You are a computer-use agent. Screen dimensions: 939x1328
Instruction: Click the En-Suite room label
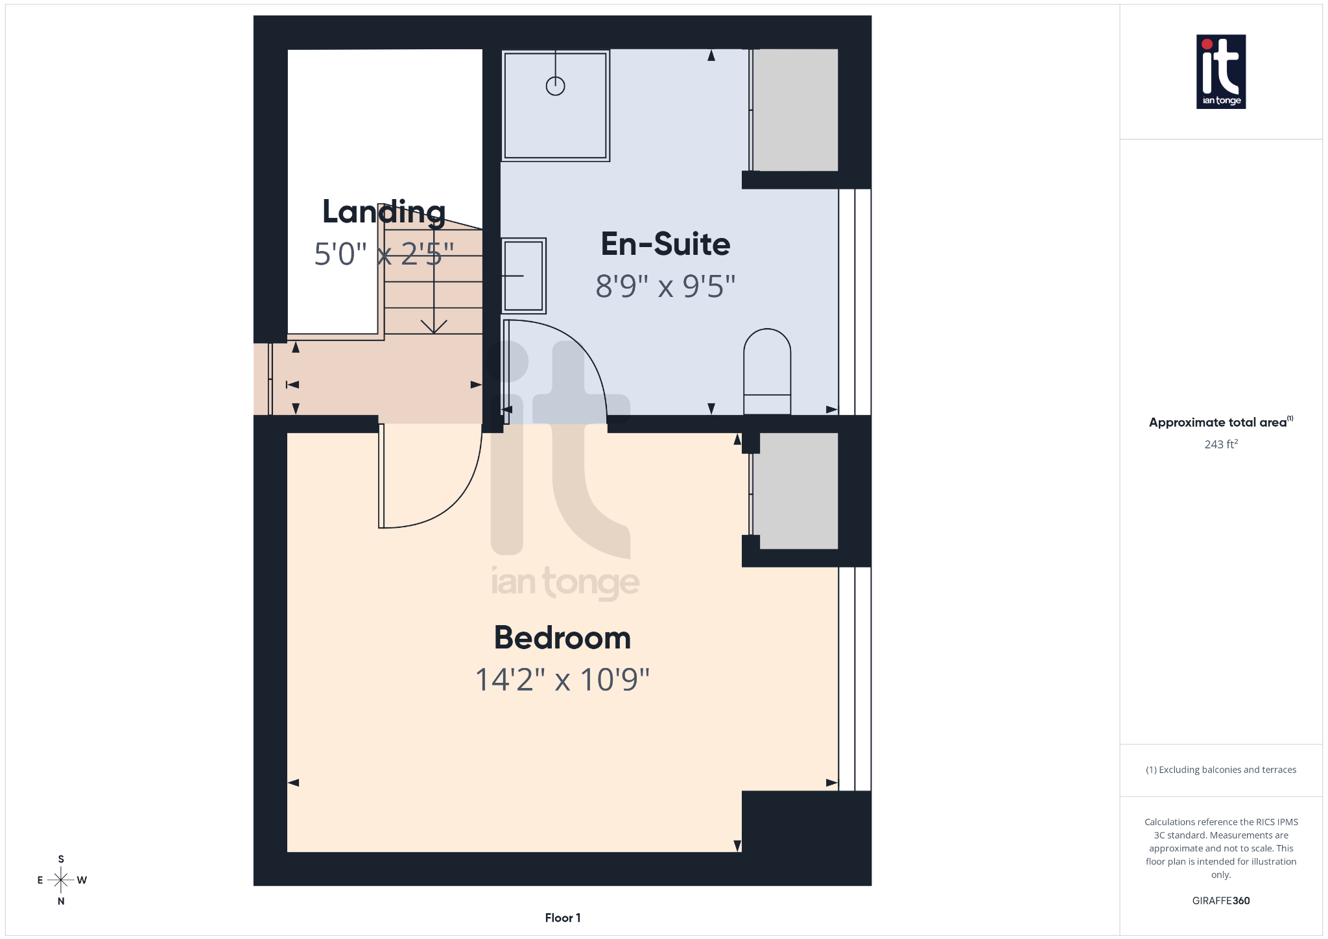pyautogui.click(x=665, y=244)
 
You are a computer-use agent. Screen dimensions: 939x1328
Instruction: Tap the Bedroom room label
pyautogui.click(x=562, y=638)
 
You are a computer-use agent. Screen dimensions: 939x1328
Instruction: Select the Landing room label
pyautogui.click(x=384, y=212)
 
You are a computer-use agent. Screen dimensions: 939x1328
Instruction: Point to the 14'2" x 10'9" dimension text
pyautogui.click(x=562, y=680)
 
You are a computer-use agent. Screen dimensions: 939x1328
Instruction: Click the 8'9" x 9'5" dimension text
pyautogui.click(x=665, y=287)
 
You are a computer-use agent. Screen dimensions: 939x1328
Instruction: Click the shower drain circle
pyautogui.click(x=555, y=86)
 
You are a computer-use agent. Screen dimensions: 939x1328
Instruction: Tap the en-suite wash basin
pyautogui.click(x=523, y=276)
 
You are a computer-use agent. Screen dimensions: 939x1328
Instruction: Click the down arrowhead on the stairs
pyautogui.click(x=434, y=326)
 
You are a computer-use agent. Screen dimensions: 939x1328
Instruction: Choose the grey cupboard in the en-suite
pyautogui.click(x=795, y=110)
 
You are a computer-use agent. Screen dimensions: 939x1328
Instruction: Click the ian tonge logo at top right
pyautogui.click(x=1220, y=71)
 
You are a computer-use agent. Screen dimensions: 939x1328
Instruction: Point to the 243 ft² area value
pyautogui.click(x=1221, y=444)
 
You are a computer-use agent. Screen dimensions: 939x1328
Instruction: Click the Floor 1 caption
pyautogui.click(x=562, y=918)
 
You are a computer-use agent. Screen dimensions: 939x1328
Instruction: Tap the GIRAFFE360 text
pyautogui.click(x=1220, y=901)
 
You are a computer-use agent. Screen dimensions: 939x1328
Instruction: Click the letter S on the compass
pyautogui.click(x=61, y=859)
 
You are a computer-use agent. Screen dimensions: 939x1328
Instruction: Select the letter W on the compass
pyautogui.click(x=82, y=880)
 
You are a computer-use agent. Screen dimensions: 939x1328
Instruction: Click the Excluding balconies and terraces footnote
pyautogui.click(x=1221, y=770)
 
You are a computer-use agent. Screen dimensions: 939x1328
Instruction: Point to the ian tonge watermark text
pyautogui.click(x=565, y=582)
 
